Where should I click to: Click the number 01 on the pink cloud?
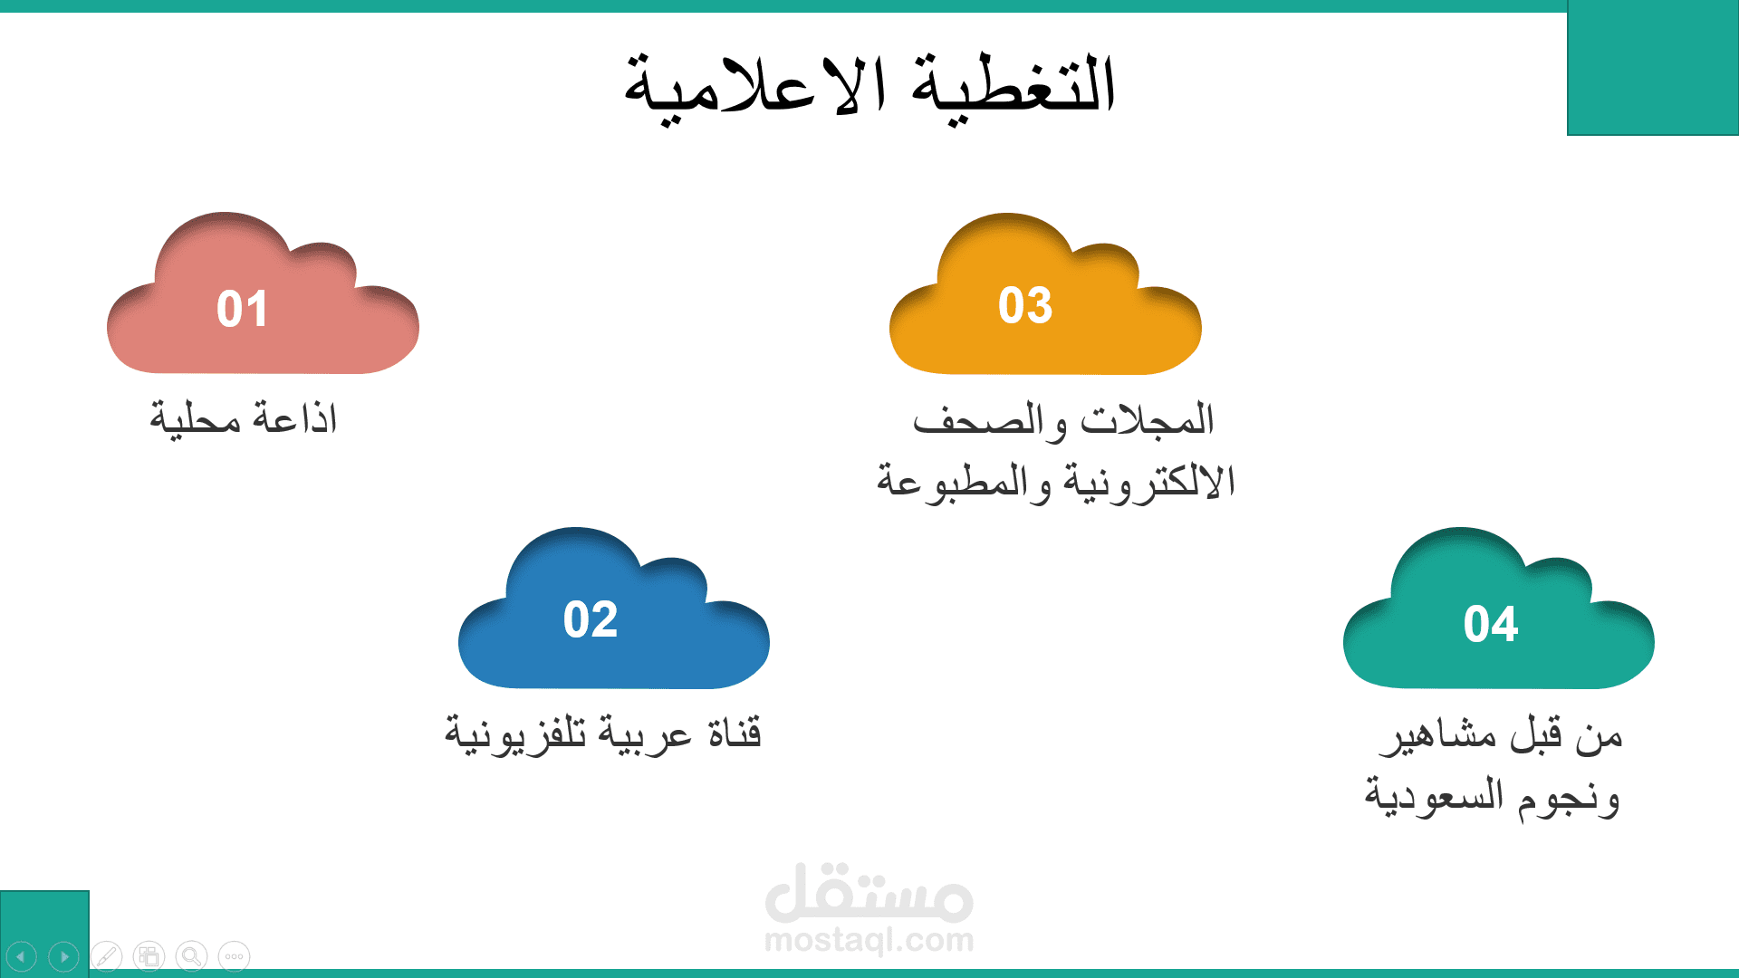point(242,309)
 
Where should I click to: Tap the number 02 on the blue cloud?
point(591,619)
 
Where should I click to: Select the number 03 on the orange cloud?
point(1025,305)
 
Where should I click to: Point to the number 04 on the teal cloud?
point(1491,624)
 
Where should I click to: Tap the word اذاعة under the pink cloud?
point(294,418)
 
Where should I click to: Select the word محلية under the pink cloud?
point(196,419)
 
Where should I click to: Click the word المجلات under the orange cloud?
point(1148,419)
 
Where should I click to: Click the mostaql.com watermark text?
point(869,940)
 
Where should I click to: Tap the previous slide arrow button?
point(22,956)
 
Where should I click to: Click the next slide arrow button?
point(64,956)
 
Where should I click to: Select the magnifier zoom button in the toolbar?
point(191,956)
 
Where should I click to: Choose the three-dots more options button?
point(234,956)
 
